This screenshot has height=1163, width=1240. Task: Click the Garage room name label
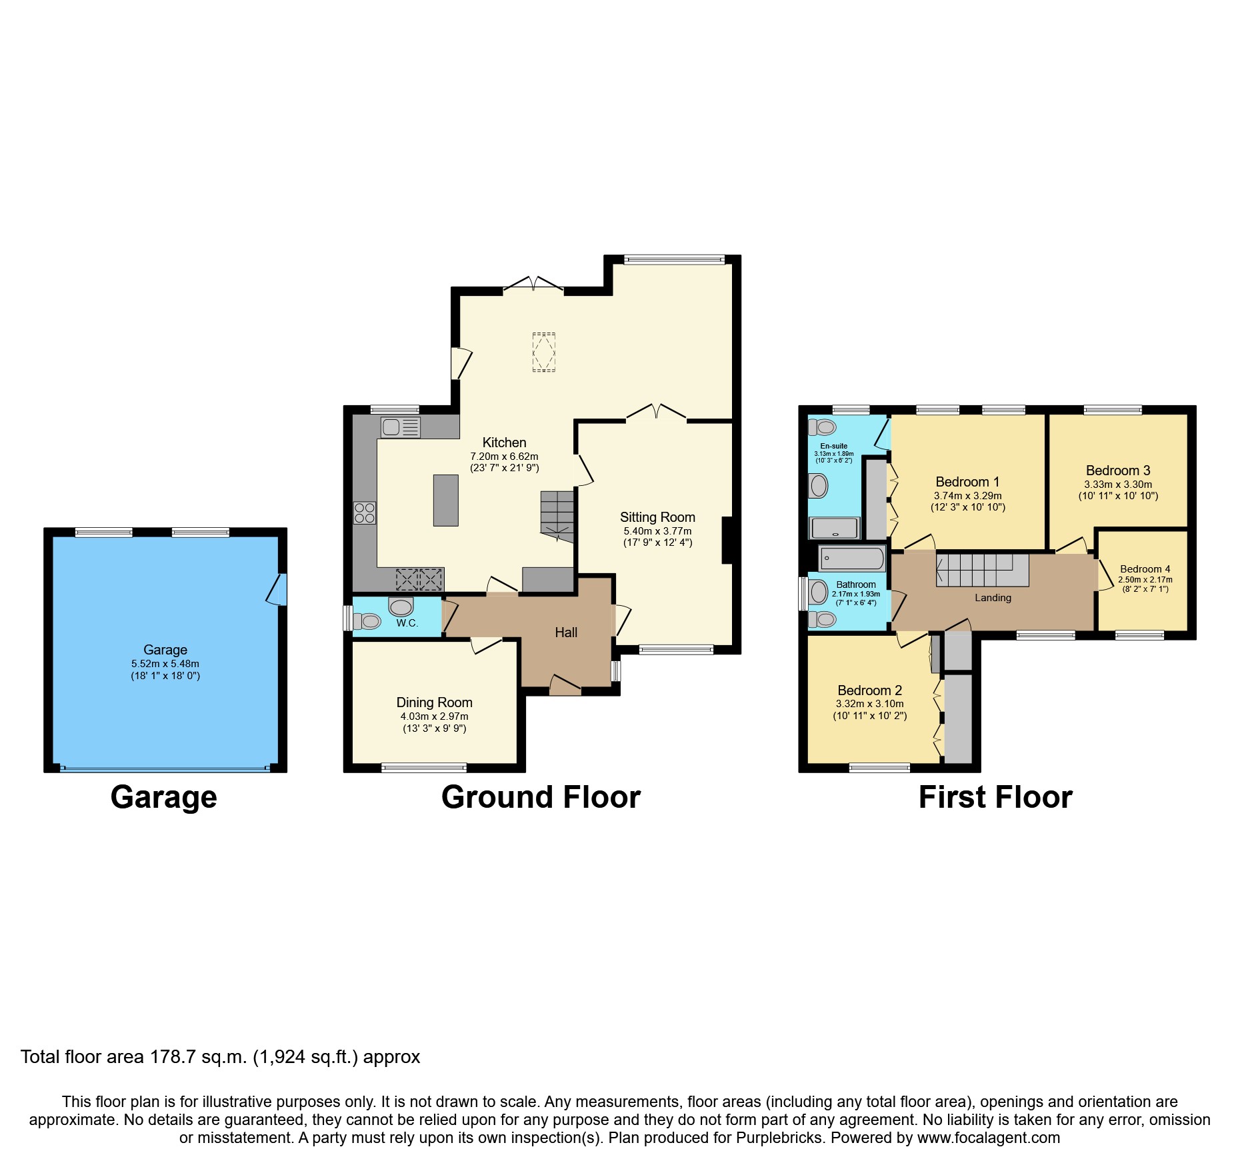(x=165, y=649)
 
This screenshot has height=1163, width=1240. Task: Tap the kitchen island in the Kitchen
(x=445, y=500)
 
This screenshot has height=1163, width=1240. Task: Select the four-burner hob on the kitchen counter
(x=365, y=513)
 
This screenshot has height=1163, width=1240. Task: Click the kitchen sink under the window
(x=400, y=427)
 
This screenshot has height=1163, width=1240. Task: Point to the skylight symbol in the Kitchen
(x=543, y=351)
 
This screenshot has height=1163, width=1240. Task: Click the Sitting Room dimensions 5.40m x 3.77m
(x=657, y=531)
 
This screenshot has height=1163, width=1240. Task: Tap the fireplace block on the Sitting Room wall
(x=727, y=541)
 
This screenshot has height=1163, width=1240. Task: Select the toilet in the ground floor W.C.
(x=367, y=621)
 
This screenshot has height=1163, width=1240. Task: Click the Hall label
(x=566, y=632)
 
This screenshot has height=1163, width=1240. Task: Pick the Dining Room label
(x=434, y=702)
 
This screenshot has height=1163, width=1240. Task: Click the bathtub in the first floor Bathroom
(x=851, y=558)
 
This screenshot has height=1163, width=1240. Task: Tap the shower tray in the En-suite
(x=834, y=528)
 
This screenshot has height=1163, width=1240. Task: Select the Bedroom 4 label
(x=1145, y=569)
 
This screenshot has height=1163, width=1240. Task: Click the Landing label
(x=993, y=597)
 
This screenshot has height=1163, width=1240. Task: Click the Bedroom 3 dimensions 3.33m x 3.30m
(x=1118, y=485)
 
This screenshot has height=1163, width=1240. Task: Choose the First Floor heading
(x=995, y=797)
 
